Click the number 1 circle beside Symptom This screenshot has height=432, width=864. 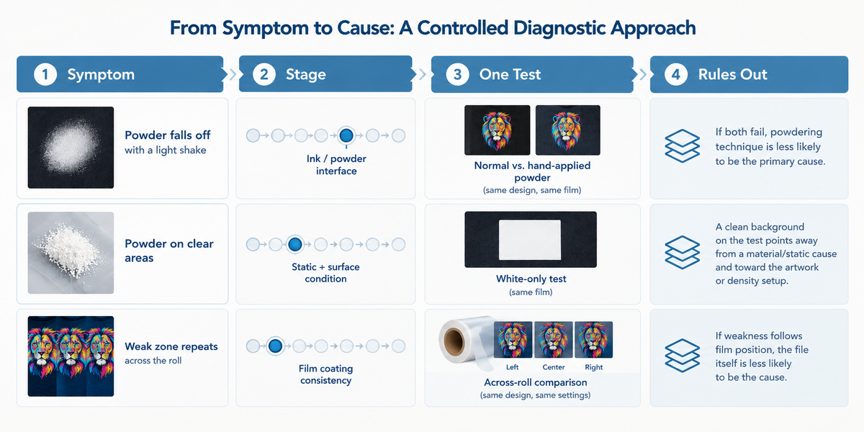[45, 74]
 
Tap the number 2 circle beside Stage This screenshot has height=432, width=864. [264, 74]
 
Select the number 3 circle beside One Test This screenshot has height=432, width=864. [457, 74]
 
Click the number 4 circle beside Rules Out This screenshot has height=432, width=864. [676, 74]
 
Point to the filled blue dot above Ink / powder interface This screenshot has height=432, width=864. [346, 135]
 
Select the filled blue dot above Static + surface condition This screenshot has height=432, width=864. [295, 244]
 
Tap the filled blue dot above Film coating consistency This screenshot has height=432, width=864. [275, 346]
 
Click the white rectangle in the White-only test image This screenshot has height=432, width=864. [530, 240]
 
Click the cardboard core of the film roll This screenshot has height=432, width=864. [454, 341]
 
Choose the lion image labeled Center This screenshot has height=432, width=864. [553, 340]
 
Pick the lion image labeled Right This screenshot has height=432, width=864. [593, 340]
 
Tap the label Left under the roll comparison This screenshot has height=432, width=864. [512, 367]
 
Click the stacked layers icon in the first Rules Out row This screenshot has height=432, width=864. [682, 145]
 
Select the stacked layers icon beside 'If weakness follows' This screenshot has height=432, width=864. [682, 355]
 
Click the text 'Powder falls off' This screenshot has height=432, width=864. [167, 135]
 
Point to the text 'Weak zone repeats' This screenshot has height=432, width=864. [171, 346]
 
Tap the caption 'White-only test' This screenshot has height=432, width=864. [531, 279]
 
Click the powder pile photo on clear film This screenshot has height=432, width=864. [71, 253]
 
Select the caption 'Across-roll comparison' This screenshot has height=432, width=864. [536, 382]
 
